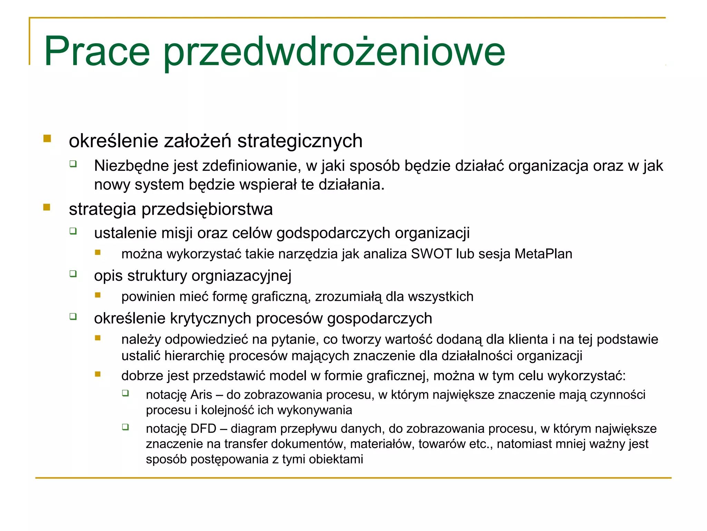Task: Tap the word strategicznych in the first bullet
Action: click(300, 141)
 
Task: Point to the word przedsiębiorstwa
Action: click(207, 209)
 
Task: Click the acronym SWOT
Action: click(431, 254)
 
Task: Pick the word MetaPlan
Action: click(543, 254)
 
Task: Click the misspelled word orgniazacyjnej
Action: click(241, 276)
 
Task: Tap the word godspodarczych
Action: click(333, 233)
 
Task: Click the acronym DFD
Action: click(203, 429)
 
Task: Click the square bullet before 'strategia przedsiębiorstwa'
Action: click(47, 207)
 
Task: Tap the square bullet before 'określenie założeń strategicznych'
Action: click(47, 139)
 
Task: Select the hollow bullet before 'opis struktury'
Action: click(73, 274)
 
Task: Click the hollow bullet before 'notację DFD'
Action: click(125, 427)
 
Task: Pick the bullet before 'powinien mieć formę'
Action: click(98, 295)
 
